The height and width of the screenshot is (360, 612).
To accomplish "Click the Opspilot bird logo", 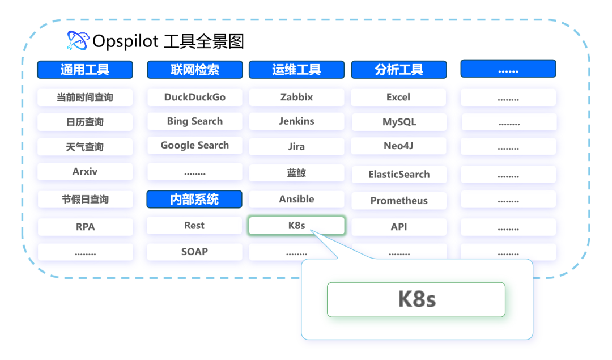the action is (78, 41).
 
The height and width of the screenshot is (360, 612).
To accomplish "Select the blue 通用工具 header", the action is (85, 70).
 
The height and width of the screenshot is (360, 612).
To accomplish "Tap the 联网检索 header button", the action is (195, 70).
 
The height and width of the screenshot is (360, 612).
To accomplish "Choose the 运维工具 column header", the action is (296, 70).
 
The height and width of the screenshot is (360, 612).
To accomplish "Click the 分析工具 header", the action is (399, 70).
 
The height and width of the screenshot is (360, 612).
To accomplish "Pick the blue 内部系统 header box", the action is (194, 199).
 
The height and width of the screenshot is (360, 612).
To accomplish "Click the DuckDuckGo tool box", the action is (195, 97).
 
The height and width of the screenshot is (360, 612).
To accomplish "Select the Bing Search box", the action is (195, 121).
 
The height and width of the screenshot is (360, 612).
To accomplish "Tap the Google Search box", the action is (195, 145).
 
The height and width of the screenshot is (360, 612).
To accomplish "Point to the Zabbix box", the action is (296, 97).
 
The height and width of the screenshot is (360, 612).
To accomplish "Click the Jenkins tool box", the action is (296, 121).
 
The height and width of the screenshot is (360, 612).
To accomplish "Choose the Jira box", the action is (296, 146).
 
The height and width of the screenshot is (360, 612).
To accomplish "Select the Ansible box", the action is (296, 199).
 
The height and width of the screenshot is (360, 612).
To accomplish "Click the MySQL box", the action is (399, 122).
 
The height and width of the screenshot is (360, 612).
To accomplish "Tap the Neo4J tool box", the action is (398, 146).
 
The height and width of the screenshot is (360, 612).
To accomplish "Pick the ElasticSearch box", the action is (399, 175).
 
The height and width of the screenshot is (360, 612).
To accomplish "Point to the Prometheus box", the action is (399, 201).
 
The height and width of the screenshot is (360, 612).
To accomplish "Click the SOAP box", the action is (194, 252).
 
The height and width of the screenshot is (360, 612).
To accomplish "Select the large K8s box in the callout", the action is (416, 299).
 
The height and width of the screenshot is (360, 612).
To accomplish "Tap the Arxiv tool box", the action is (85, 172).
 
